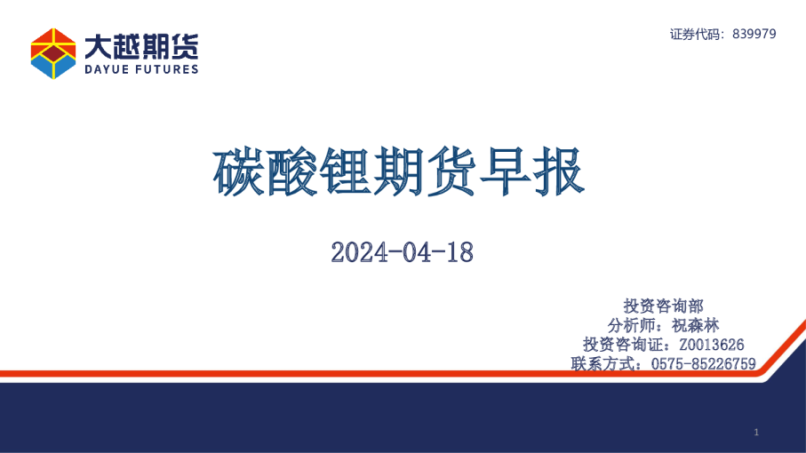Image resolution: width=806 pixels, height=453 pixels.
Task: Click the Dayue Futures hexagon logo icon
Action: pos(53,53)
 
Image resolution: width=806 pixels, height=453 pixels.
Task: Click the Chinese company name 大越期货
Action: pos(141,44)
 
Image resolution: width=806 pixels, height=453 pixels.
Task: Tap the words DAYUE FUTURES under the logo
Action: pos(141,69)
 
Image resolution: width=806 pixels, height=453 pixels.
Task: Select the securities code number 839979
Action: pos(754,34)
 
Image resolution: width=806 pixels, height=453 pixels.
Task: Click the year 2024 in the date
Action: pos(356,252)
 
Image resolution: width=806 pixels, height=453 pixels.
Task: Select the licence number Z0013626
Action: pos(711,345)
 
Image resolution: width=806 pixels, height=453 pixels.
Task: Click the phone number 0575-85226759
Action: pos(703,363)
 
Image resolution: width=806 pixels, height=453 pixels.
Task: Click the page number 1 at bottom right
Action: pos(755,433)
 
